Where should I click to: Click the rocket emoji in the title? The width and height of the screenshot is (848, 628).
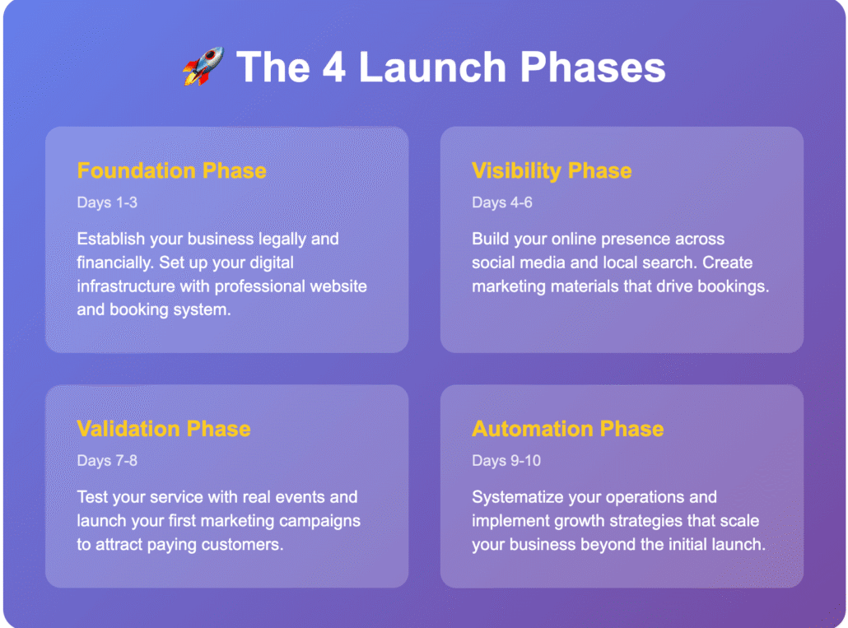coord(203,66)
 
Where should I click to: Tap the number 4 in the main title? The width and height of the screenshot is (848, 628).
coord(333,67)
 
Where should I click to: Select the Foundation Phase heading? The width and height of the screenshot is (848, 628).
coord(171,170)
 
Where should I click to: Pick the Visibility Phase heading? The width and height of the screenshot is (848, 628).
coord(552,170)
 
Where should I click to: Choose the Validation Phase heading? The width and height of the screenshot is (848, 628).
coord(164,429)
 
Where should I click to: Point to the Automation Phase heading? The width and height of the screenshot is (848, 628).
coord(568,429)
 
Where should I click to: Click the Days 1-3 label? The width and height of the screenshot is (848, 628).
coord(107,202)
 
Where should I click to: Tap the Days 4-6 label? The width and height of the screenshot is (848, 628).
coord(502,202)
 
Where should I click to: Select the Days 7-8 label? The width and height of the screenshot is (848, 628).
coord(107,461)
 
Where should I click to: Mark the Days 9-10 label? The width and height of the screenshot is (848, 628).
coord(506,461)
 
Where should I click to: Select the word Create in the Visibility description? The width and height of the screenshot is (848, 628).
coord(728,263)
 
